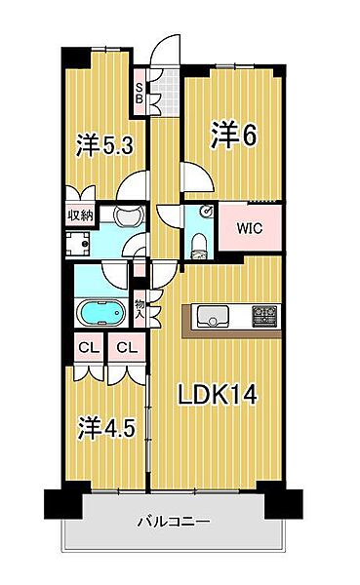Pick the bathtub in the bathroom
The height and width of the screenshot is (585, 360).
[99, 313]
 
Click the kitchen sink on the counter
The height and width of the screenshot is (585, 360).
[213, 316]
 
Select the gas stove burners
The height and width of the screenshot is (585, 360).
[265, 316]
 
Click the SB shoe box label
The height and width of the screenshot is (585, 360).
[140, 93]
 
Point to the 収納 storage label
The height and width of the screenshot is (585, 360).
[80, 214]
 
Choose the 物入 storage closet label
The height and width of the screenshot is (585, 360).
[140, 310]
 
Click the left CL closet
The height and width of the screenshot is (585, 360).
[85, 348]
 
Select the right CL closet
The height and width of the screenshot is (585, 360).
[124, 348]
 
